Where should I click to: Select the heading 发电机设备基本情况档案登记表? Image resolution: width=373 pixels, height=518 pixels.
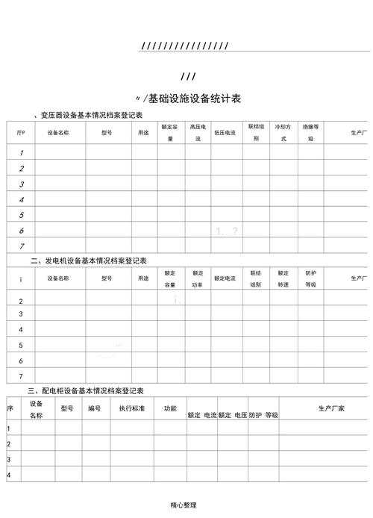point(93,260)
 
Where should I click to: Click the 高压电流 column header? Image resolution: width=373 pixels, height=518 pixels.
point(198,133)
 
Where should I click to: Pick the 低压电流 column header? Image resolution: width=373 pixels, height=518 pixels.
point(225,133)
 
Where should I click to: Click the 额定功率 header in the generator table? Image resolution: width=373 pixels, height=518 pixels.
point(198,278)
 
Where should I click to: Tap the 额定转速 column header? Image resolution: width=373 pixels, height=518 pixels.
point(283,278)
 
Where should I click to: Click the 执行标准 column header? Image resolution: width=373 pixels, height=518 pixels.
point(132,408)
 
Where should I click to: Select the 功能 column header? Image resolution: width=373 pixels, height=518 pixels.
point(170,408)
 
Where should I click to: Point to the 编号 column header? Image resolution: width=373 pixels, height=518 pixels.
point(95,408)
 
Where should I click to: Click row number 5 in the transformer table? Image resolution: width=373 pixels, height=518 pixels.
point(22,215)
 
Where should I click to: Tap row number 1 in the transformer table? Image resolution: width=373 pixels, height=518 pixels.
point(22,152)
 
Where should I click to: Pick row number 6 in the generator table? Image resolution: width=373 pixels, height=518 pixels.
point(21,361)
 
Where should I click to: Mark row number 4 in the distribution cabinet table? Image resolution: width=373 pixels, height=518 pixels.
point(9,475)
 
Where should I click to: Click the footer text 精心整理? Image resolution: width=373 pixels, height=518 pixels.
point(184,505)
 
